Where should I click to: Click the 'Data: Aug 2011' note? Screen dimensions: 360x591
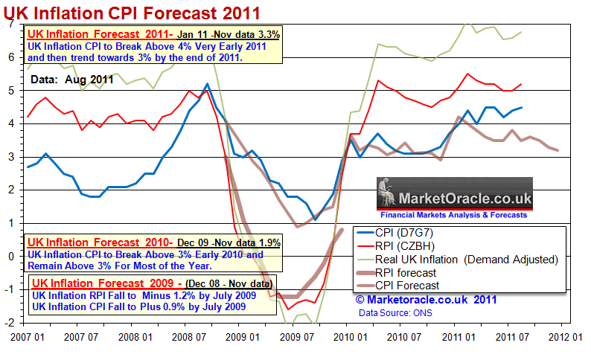(71, 80)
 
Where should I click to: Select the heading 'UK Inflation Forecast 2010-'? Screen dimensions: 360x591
(100, 242)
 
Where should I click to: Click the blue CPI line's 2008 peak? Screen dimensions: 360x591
(207, 84)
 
